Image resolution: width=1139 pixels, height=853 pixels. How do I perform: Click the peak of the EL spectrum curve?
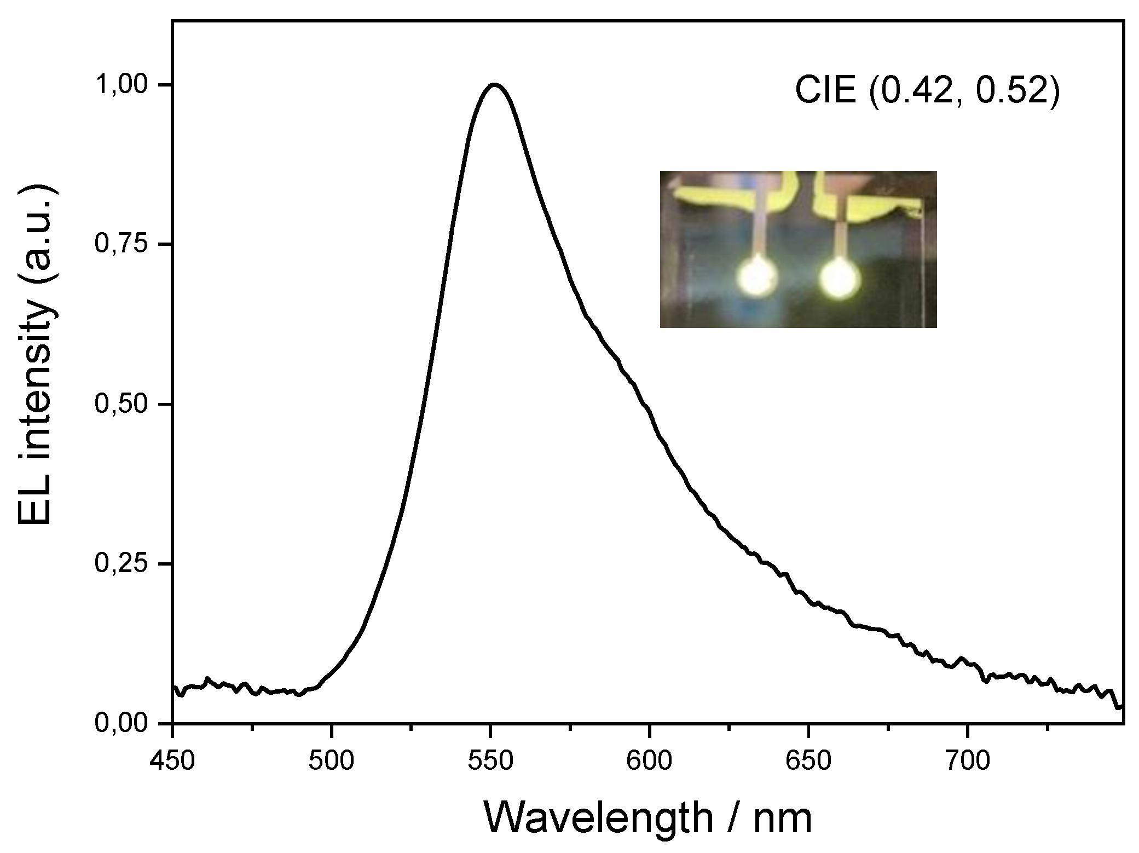point(494,85)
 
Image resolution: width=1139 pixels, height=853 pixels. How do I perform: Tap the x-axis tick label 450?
point(172,762)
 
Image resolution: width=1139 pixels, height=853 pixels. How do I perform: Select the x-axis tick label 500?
point(331,762)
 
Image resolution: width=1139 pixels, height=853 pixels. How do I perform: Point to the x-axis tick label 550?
point(490,762)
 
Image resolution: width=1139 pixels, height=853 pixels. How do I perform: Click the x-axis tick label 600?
point(649,762)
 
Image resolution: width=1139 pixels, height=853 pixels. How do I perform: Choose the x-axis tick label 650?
point(808,762)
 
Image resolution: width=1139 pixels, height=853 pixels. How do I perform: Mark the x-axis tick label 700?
point(967,762)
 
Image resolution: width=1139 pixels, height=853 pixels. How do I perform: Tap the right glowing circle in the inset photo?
point(840,278)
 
